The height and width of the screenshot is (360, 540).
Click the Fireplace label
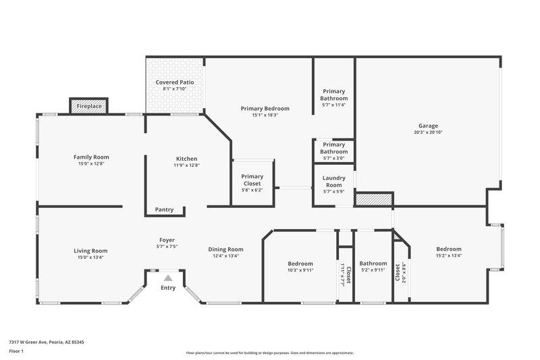tap(88, 107)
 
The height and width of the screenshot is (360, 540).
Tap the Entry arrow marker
tap(167, 278)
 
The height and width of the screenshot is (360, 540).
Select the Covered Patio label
tap(175, 82)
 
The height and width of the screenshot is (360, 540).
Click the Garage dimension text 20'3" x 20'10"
tap(428, 132)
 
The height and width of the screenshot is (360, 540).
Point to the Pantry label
tap(164, 209)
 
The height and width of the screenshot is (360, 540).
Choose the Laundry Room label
tap(334, 182)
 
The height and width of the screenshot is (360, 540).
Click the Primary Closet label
tap(252, 180)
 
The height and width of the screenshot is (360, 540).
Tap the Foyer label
tap(167, 240)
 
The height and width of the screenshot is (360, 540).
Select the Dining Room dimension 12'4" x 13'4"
tap(225, 256)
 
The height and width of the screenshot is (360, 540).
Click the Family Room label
tap(91, 157)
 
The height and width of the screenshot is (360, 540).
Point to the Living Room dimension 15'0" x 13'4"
tap(90, 257)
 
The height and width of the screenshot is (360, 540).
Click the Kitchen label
tap(186, 159)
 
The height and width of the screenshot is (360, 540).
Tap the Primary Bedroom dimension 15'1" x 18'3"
tap(265, 115)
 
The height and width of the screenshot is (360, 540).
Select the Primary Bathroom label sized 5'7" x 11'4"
tap(333, 95)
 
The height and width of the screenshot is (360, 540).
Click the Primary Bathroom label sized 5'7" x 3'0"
tap(333, 148)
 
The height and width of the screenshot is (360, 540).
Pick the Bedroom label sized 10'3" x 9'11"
tap(300, 263)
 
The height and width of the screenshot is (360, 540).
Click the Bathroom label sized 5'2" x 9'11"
tap(373, 263)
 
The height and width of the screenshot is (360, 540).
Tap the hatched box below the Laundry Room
tap(374, 199)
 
